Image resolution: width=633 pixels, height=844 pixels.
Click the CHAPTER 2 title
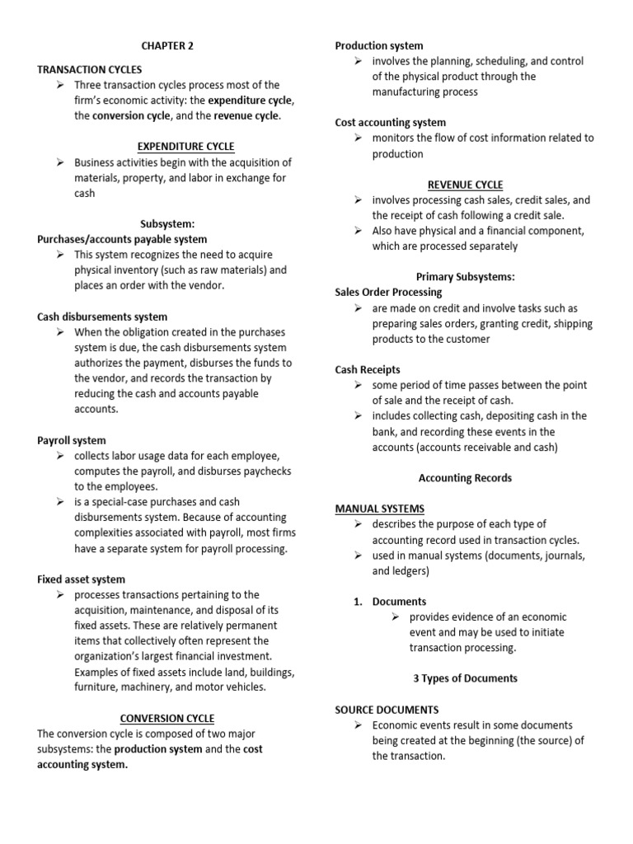[167, 46]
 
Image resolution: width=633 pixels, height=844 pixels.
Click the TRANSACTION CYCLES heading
[90, 69]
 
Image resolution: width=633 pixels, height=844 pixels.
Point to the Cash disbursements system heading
[102, 316]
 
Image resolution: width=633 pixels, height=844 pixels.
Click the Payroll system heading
[72, 440]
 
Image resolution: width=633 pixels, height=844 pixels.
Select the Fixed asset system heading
[82, 579]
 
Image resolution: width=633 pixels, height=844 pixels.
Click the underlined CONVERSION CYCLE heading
[167, 718]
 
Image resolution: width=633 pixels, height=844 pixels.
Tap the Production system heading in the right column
[379, 46]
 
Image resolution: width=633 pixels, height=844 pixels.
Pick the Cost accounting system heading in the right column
[391, 123]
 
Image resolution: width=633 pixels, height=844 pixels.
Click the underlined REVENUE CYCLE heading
[466, 185]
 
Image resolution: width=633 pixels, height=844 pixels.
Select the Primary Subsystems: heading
[466, 277]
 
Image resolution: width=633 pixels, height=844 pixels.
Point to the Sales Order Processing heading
[389, 292]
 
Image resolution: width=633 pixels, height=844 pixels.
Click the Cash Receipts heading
[368, 369]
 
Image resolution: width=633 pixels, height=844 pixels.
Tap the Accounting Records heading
[466, 477]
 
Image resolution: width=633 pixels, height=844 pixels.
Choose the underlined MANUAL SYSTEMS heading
[380, 509]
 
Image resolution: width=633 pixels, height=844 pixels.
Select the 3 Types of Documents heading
[466, 678]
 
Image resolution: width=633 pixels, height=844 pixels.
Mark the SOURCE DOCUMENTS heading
[387, 709]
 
